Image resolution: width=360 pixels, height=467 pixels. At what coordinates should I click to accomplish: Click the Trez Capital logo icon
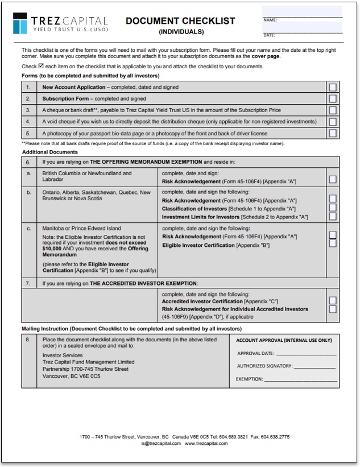pyautogui.click(x=21, y=23)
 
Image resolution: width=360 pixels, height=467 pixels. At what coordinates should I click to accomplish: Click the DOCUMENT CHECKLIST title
pyautogui.click(x=180, y=21)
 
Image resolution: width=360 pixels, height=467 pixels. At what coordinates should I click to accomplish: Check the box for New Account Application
pyautogui.click(x=333, y=87)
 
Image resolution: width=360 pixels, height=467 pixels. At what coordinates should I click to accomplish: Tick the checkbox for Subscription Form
pyautogui.click(x=333, y=98)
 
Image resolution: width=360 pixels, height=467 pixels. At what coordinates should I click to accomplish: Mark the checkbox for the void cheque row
pyautogui.click(x=333, y=122)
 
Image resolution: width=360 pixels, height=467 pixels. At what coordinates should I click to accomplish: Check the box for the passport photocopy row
pyautogui.click(x=333, y=133)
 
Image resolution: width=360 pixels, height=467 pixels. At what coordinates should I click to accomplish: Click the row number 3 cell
pyautogui.click(x=28, y=110)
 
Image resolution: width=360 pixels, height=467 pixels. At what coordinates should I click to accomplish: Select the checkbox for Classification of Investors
pyautogui.click(x=333, y=208)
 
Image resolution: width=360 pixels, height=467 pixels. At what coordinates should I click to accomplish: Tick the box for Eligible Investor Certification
pyautogui.click(x=333, y=243)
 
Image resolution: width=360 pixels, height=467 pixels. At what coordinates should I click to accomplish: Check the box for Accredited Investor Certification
pyautogui.click(x=333, y=300)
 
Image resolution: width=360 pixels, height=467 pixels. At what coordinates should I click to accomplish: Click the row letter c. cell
pyautogui.click(x=28, y=228)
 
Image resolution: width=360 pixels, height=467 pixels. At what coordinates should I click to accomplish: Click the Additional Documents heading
pyautogui.click(x=50, y=152)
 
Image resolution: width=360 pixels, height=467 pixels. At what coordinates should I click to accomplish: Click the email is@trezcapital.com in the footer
pyautogui.click(x=161, y=443)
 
